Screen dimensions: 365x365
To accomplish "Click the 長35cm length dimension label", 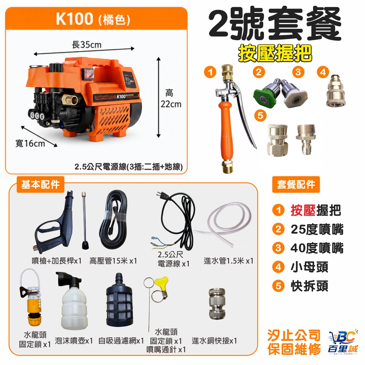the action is tap(87, 45).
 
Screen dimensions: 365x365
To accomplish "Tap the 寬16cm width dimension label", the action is tap(30, 143).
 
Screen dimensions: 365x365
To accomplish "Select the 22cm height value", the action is tap(171, 104).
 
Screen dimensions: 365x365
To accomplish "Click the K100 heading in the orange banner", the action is tap(74, 19).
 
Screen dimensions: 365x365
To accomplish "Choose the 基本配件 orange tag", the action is tap(40, 184).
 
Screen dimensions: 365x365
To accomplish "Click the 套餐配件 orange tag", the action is tap(296, 184).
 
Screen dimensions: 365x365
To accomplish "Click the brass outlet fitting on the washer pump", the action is tap(69, 100).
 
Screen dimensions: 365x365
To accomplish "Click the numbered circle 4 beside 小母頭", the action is tap(278, 267).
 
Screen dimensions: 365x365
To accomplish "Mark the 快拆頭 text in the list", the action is tap(310, 286).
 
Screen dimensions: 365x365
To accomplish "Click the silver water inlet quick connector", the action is tap(217, 303).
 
